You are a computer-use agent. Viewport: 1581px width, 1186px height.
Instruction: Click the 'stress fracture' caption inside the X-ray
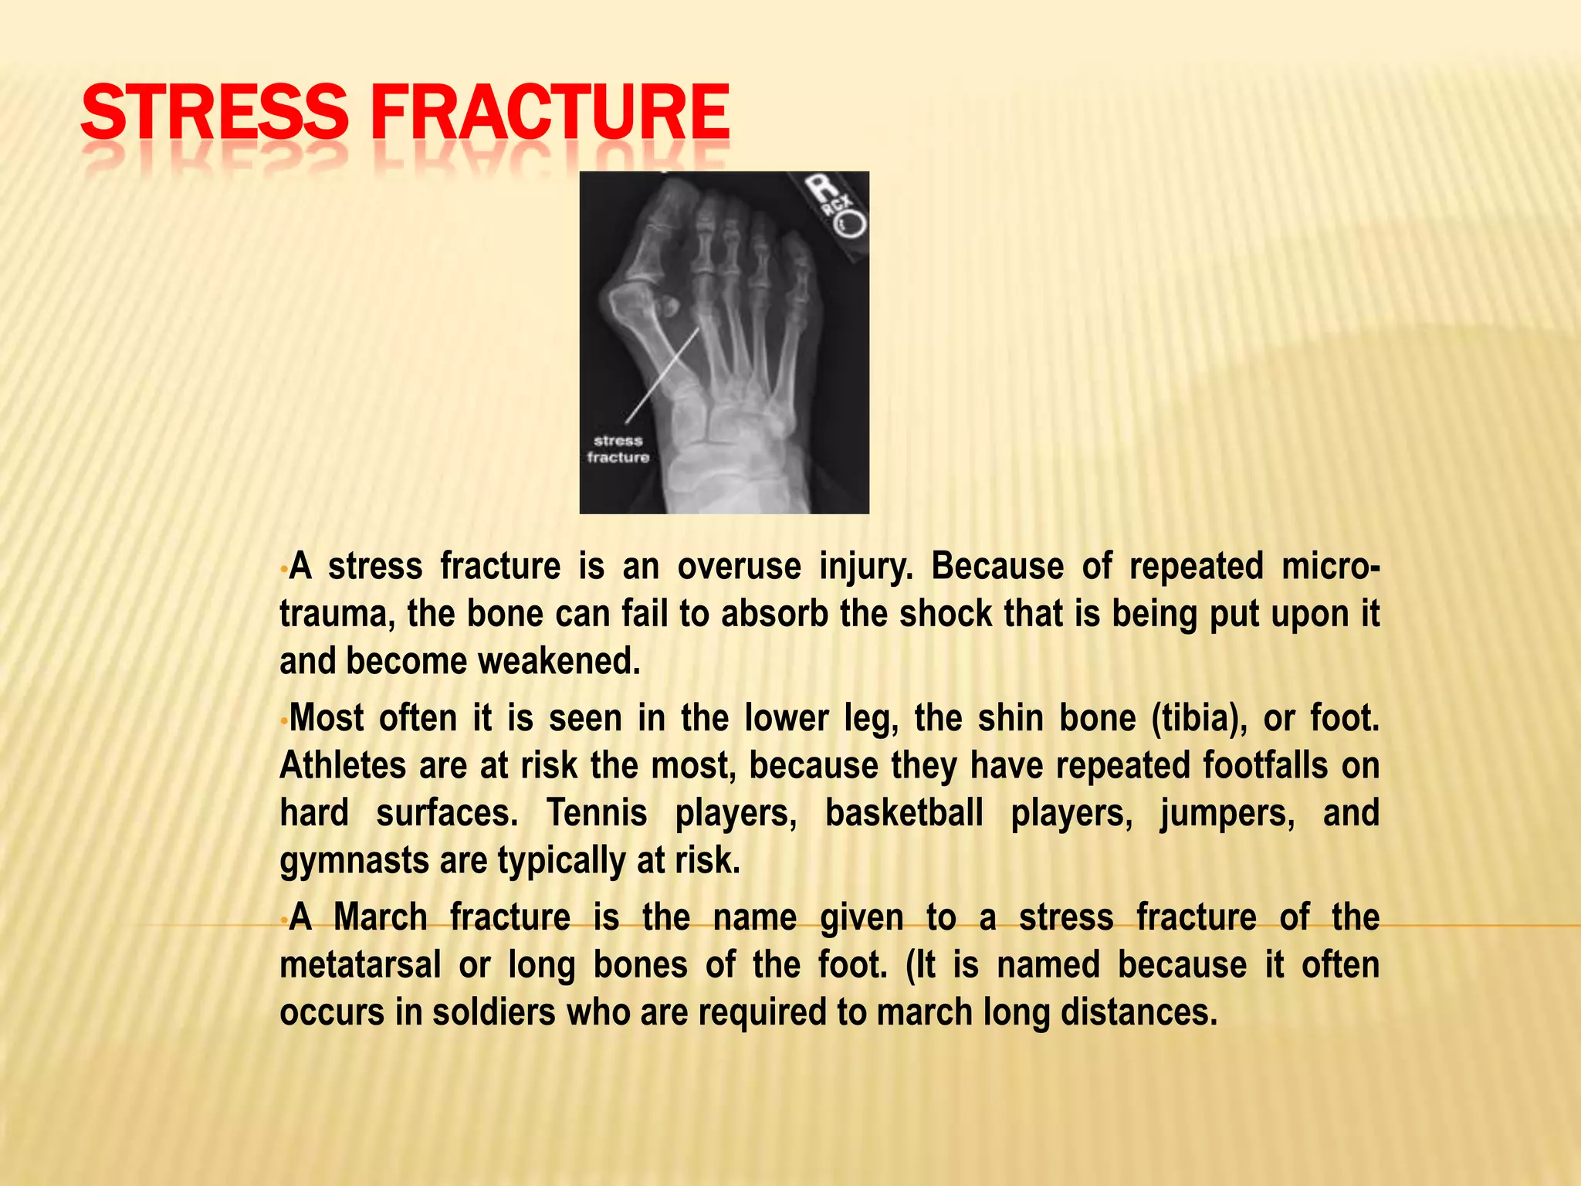(x=618, y=449)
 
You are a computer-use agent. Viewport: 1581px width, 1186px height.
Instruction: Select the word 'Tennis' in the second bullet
(x=597, y=814)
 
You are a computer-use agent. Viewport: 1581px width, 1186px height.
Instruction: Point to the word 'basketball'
(x=904, y=814)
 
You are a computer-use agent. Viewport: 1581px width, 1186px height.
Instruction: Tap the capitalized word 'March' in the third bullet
(x=380, y=918)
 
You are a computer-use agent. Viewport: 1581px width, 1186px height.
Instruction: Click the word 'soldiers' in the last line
(x=493, y=1013)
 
